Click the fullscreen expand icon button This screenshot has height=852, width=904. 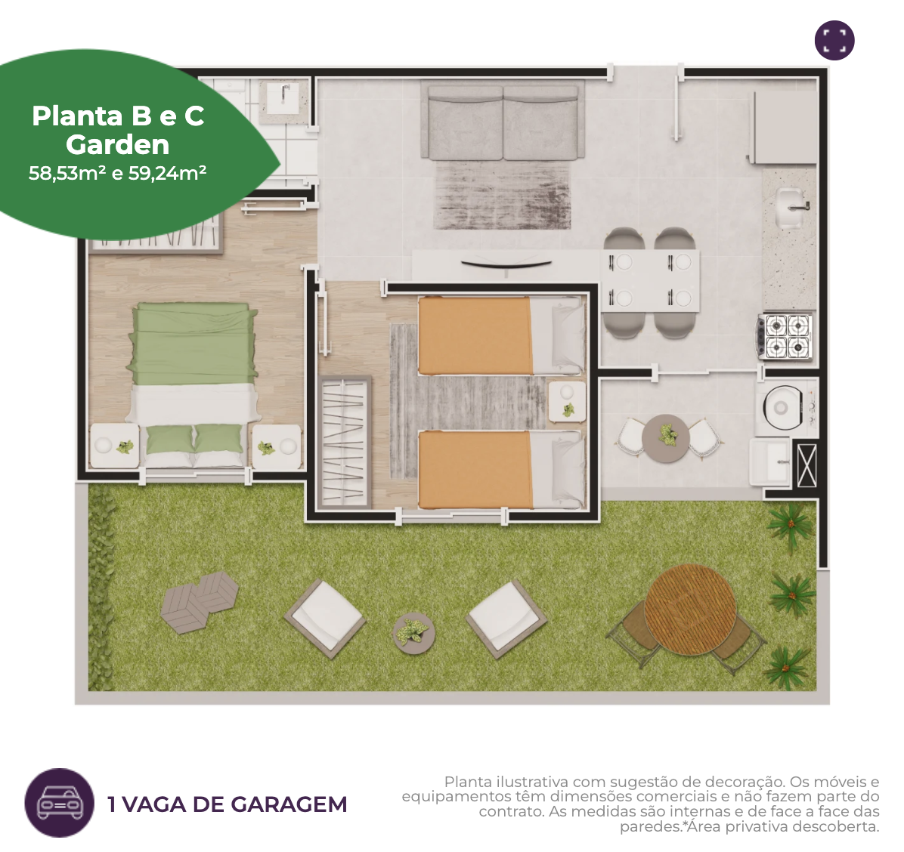tap(834, 40)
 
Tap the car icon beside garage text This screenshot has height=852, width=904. tap(59, 802)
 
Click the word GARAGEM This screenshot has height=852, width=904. tap(288, 804)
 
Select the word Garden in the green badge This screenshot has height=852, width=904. tap(118, 144)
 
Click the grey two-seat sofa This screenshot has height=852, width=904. tap(503, 120)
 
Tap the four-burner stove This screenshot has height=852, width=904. tap(786, 337)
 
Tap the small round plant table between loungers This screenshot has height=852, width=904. tap(413, 634)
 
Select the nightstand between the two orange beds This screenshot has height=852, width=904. tap(567, 402)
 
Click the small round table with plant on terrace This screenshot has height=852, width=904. tap(666, 438)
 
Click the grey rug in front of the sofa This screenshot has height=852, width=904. tap(503, 195)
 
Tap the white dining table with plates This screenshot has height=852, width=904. tap(650, 280)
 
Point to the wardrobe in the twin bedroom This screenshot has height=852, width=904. tap(345, 441)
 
